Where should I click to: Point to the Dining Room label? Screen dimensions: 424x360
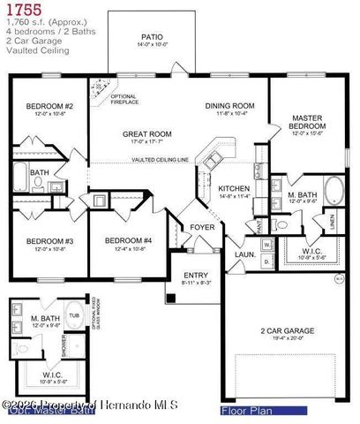(229, 106)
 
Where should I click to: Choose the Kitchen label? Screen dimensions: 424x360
(234, 188)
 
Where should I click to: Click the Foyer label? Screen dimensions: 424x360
(202, 227)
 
